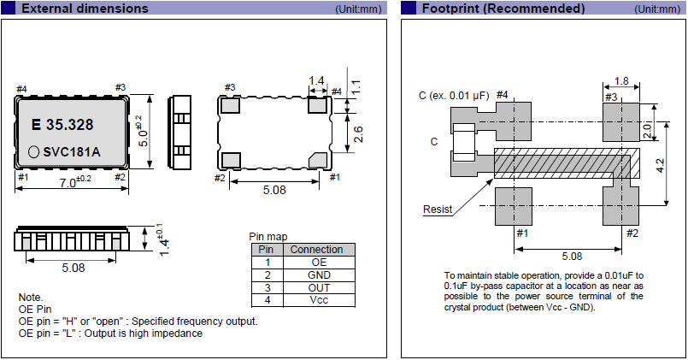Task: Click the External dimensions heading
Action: (84, 9)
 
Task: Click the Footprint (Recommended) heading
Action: (503, 9)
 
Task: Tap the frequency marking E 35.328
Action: (62, 125)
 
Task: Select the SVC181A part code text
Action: (72, 151)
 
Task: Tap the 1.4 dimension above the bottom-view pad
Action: (316, 81)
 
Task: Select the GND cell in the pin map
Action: (316, 274)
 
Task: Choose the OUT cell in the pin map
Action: (316, 287)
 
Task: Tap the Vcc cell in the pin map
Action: (316, 300)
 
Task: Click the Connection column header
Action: (316, 250)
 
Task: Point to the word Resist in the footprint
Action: (438, 210)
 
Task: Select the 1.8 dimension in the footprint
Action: (621, 82)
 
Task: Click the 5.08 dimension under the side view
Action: (73, 268)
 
